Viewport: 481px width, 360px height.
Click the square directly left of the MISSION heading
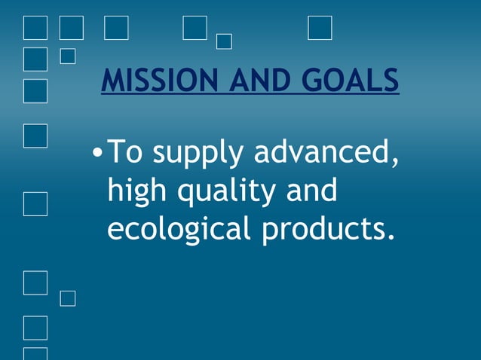coord(35,90)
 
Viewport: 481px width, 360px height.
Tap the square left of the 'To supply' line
coord(35,136)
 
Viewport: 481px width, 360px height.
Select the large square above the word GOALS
coord(320,27)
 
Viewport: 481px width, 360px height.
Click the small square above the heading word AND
coord(224,41)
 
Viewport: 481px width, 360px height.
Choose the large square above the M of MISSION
coord(116,27)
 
